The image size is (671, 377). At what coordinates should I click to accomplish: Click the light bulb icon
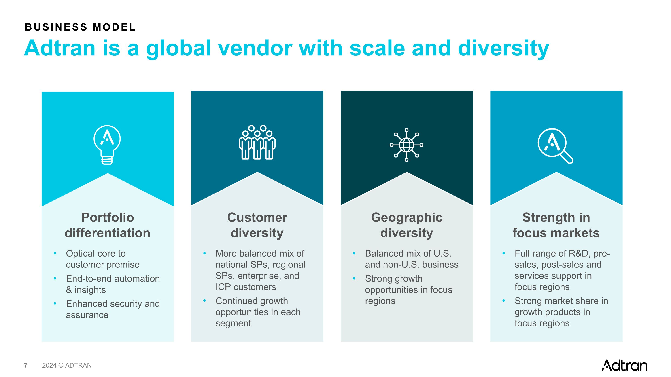107,145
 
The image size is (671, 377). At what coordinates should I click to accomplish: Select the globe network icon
406,145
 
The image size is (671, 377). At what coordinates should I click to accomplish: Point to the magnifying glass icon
555,146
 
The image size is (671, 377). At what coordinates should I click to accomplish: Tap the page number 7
25,365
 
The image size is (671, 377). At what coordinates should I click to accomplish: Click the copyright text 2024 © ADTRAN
67,365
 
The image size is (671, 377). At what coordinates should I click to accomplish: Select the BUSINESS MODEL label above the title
80,27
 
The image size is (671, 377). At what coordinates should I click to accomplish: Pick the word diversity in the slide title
503,48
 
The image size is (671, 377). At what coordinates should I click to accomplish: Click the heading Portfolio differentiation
108,225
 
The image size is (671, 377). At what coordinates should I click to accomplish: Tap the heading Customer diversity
257,225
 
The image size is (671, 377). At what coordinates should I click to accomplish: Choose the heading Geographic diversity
407,225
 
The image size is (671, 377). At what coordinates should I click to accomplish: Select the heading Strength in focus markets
556,225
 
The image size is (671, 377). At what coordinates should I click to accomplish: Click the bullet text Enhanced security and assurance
113,309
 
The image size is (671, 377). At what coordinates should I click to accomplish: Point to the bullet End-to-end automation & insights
113,284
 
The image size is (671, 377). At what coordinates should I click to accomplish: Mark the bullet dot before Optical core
55,253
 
